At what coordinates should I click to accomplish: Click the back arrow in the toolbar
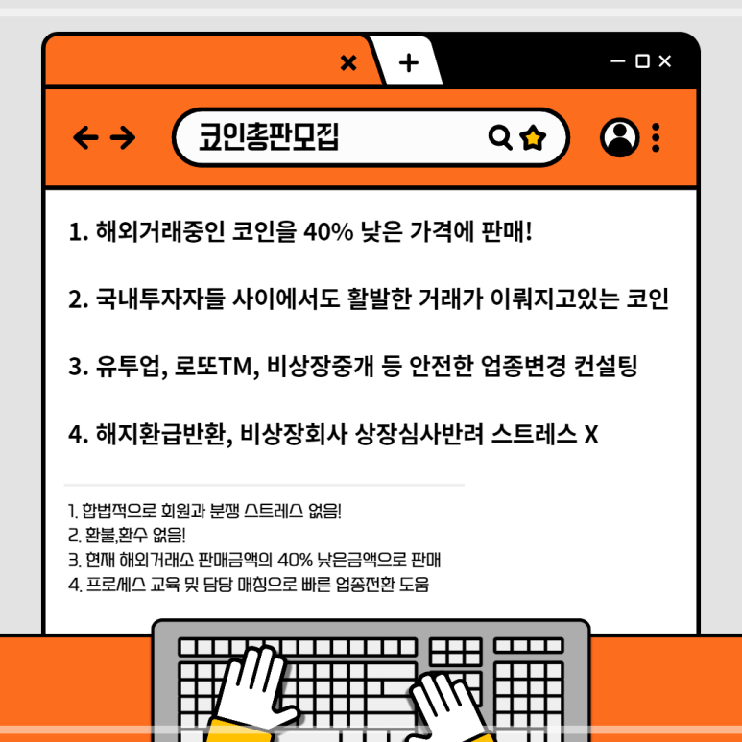click(85, 137)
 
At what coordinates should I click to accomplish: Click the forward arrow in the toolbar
click(123, 137)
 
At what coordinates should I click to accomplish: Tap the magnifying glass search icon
click(500, 137)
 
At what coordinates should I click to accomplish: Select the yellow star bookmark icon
click(533, 137)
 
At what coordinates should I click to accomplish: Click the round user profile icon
click(619, 137)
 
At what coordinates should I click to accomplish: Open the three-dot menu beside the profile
click(656, 137)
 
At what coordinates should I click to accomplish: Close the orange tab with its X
click(348, 62)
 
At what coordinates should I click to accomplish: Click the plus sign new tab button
click(409, 63)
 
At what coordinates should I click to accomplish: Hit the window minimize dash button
click(618, 61)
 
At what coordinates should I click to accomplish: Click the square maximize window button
click(642, 61)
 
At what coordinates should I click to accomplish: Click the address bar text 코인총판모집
click(269, 136)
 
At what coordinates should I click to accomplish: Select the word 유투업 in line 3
click(128, 367)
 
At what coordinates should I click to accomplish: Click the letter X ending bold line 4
click(591, 435)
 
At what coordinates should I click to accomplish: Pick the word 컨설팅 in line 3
click(606, 366)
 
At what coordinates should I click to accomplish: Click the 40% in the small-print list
click(295, 561)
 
